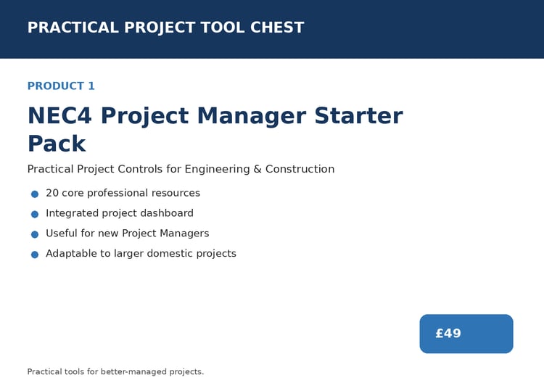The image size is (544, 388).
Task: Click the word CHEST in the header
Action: [277, 28]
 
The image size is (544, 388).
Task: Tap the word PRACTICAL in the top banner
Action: [73, 28]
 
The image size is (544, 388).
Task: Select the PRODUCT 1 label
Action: [61, 86]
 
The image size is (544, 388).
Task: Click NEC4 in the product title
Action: [59, 116]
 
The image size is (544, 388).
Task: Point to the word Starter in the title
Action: [358, 116]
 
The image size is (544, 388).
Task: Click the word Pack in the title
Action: [57, 144]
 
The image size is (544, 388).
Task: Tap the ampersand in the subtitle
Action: [257, 169]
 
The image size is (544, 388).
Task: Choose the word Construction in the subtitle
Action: [300, 169]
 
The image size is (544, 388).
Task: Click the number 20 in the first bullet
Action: [52, 193]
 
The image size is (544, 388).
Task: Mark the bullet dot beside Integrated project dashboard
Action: [35, 214]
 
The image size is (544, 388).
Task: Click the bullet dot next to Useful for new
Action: [35, 234]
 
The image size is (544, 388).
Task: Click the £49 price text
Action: [448, 334]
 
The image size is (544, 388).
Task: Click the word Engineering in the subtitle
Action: [217, 169]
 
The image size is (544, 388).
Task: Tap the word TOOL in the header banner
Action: [223, 28]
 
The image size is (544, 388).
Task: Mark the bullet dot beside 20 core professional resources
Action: [35, 194]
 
